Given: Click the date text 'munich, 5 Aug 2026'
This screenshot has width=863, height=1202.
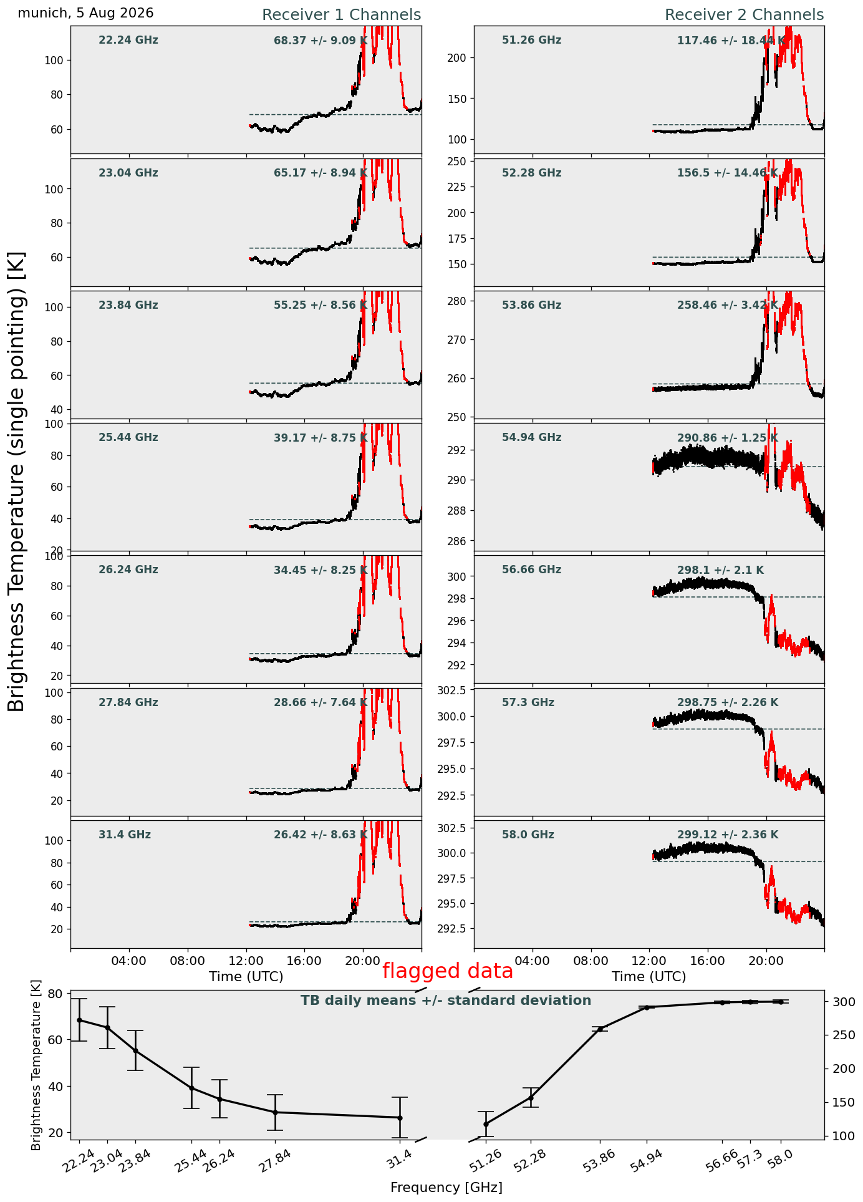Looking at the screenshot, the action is [85, 13].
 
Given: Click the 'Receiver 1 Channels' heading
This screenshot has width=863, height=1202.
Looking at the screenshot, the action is [341, 15].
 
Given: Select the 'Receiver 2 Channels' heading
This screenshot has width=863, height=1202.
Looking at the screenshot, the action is [744, 15].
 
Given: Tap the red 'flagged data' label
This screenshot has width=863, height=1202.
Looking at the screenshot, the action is [448, 971].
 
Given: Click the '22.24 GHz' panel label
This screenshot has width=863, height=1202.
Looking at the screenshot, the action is [128, 41].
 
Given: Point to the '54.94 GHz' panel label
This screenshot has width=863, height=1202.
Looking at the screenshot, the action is [531, 438].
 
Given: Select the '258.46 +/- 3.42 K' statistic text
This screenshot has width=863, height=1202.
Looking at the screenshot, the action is [728, 306].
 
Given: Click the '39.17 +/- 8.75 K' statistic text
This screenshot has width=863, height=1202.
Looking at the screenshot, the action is [321, 438].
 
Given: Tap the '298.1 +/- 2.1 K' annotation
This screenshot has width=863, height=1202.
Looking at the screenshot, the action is [720, 570].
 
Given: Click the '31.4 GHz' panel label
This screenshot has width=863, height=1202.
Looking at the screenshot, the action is [125, 835].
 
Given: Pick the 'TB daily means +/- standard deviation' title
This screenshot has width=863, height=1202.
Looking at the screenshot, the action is [446, 1001].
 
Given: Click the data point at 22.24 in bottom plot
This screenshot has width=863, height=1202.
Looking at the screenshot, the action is [79, 1020].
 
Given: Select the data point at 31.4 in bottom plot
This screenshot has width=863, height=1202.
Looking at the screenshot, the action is [400, 1117].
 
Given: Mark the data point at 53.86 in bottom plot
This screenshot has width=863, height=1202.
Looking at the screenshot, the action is [600, 1029].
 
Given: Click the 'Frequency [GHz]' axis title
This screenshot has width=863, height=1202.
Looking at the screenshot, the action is [446, 1187].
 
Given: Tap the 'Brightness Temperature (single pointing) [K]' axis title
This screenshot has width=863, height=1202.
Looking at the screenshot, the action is [17, 481].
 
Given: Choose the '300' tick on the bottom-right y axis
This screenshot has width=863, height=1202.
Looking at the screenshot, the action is [839, 1002].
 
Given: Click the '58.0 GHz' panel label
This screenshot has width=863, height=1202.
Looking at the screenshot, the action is [528, 835].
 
